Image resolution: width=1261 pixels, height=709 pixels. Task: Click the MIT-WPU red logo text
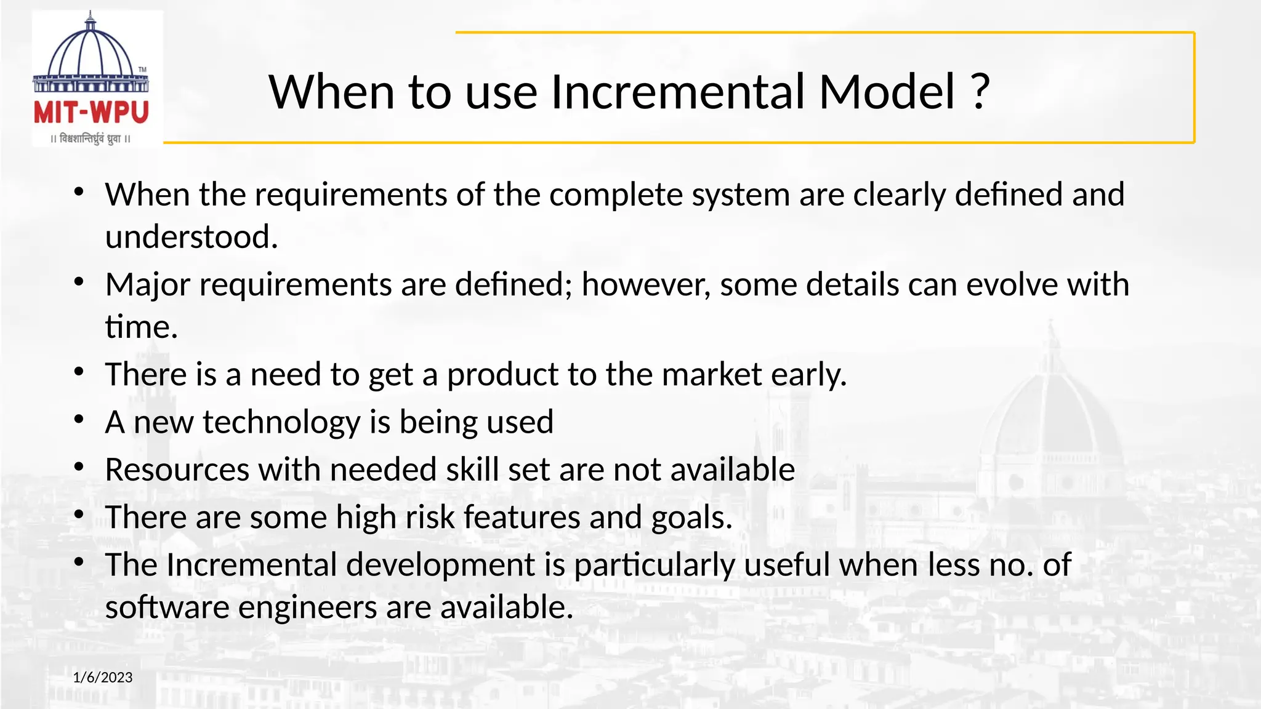coord(91,113)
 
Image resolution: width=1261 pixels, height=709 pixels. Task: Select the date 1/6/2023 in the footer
coord(103,678)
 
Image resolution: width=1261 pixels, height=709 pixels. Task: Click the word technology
coord(281,423)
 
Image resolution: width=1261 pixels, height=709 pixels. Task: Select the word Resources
coord(177,470)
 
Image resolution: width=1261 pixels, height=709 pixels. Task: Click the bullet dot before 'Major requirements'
coord(78,282)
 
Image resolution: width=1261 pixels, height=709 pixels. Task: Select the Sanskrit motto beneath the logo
coord(91,139)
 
